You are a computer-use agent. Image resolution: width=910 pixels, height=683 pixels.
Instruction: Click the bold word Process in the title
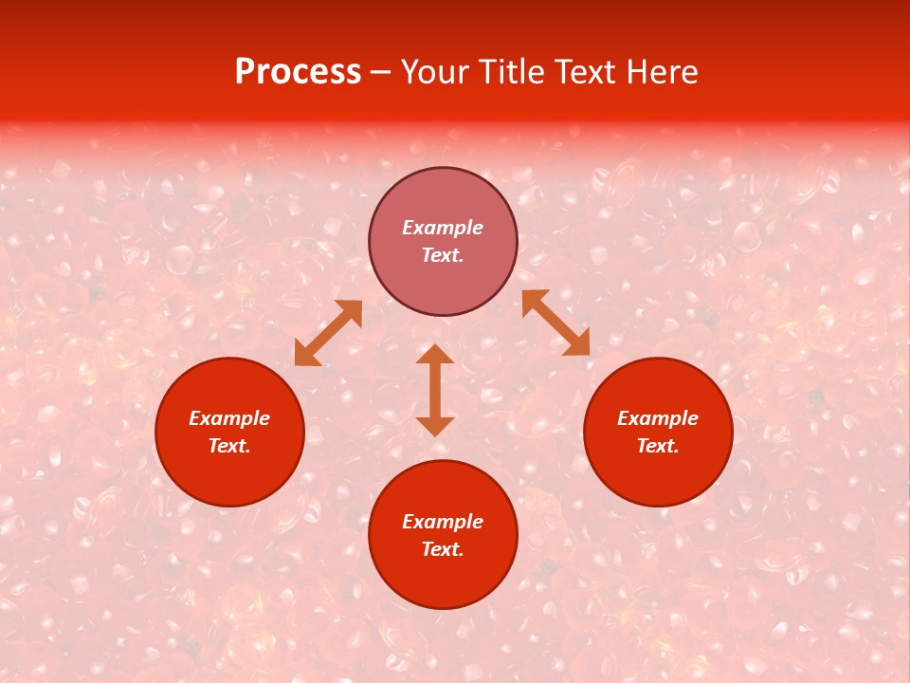298,72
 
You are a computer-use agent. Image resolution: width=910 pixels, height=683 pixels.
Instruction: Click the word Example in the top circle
443,228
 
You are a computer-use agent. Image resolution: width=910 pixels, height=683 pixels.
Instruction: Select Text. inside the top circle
443,255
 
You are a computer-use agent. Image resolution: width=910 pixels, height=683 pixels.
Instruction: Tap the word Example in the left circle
229,418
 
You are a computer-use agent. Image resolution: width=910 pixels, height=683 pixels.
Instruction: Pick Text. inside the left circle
229,446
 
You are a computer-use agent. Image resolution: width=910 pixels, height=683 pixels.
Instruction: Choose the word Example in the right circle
658,418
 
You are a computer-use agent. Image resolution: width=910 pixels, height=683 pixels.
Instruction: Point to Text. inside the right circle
658,446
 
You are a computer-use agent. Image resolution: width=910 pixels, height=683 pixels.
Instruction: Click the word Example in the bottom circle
443,522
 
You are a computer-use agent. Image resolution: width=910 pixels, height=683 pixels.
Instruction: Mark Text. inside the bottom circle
443,549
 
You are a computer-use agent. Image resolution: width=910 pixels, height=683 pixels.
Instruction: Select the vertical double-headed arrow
435,390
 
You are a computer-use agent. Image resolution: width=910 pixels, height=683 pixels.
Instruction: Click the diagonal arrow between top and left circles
328,333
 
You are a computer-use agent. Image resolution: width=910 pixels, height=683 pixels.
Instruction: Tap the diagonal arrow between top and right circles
555,323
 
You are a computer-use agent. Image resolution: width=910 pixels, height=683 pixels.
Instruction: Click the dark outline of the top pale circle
443,169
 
